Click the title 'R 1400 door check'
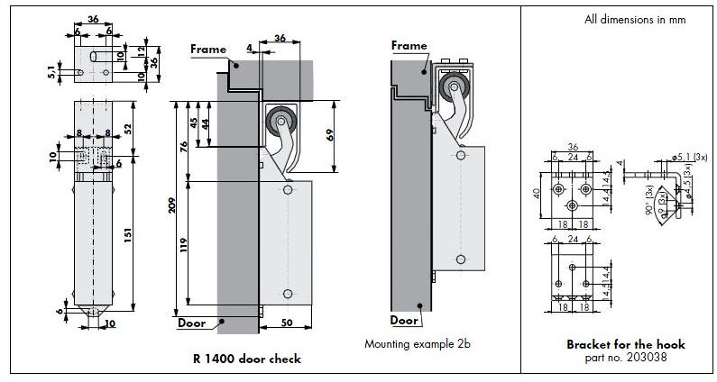(x=246, y=359)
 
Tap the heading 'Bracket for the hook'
(x=625, y=344)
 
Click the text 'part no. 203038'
(x=625, y=357)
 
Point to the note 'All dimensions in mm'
(x=634, y=20)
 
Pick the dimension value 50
(x=288, y=322)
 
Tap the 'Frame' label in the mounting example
(x=409, y=45)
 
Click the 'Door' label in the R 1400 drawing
(x=191, y=322)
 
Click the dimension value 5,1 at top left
(x=51, y=68)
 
